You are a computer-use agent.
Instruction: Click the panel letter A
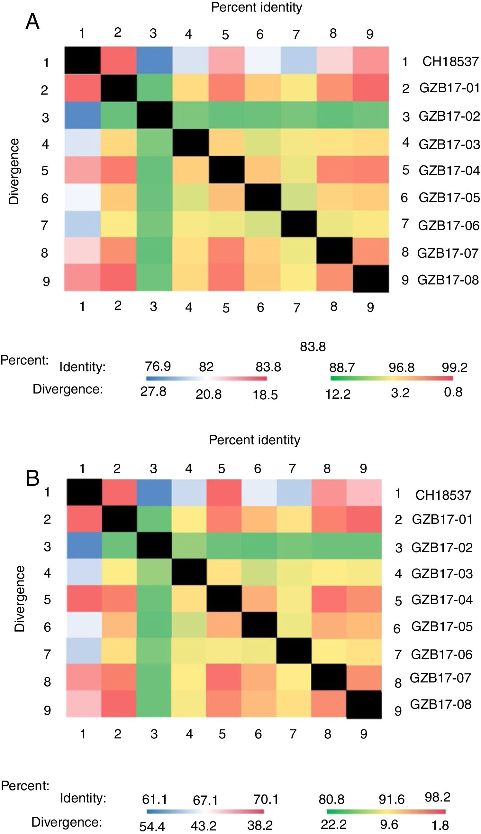32,22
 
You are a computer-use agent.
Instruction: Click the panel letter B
32,478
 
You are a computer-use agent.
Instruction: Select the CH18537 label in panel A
450,61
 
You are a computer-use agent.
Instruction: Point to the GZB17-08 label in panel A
448,280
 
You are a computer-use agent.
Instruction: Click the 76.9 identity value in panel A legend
158,366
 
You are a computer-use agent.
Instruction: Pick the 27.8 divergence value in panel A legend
153,391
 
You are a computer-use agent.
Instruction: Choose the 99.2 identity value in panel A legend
455,367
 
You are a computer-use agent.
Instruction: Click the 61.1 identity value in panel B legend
155,799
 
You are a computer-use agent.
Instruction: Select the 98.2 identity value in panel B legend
437,797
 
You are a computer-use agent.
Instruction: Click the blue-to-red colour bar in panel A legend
206,378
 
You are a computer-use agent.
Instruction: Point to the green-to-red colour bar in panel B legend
386,811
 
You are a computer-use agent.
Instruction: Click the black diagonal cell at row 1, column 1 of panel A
82,60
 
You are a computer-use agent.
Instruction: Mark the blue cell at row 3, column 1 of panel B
84,545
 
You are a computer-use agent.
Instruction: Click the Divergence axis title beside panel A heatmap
14,171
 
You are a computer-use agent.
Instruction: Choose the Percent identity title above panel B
254,440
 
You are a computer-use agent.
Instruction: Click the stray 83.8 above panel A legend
313,347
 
